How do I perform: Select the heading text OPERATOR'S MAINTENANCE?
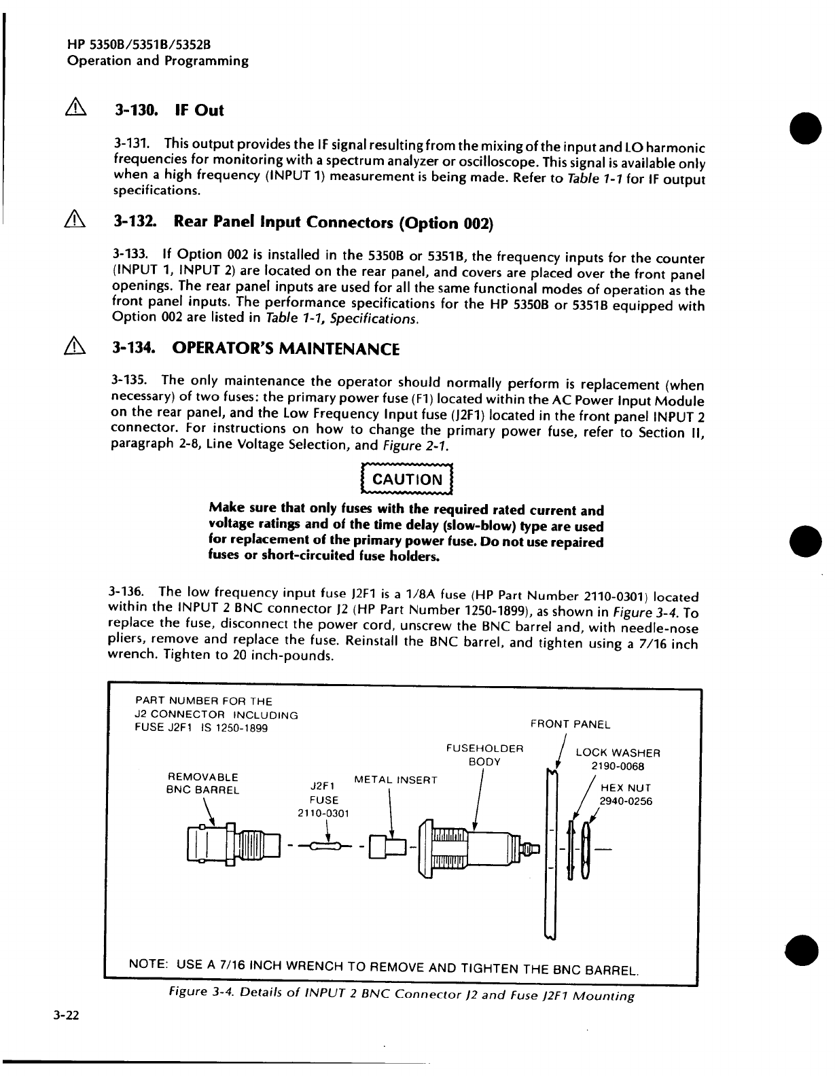coord(285,349)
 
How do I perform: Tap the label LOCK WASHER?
coord(618,753)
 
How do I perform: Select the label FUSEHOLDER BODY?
coord(484,755)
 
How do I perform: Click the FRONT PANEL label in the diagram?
coord(570,724)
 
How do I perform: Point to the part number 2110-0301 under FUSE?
coord(323,813)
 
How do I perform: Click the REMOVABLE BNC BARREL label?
coord(202,783)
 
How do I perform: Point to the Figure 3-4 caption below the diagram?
coord(402,996)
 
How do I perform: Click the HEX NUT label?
coord(626,788)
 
